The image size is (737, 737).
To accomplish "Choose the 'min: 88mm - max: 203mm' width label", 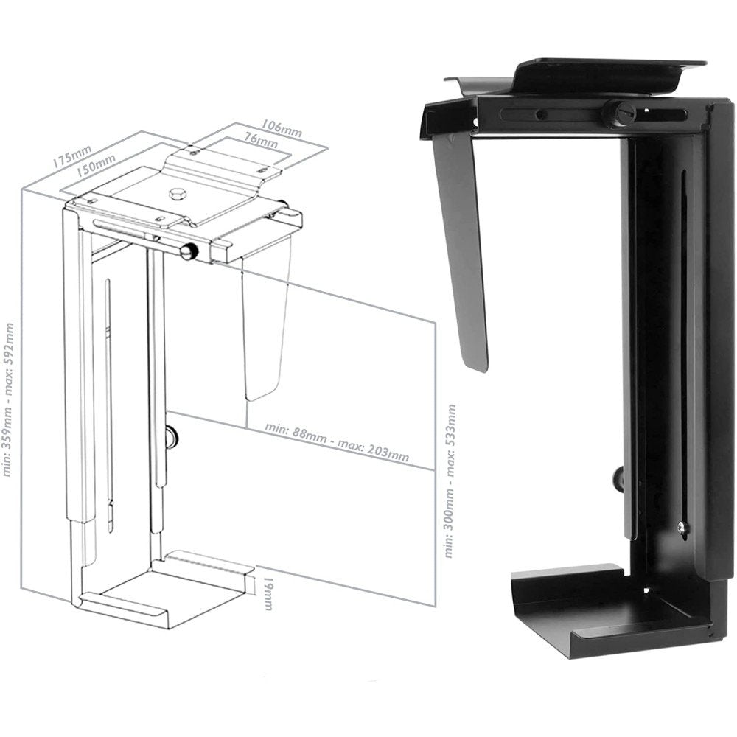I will pyautogui.click(x=338, y=441).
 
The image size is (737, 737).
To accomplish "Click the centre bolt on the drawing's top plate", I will pyautogui.click(x=176, y=195).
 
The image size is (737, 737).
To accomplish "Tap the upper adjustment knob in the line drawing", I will pyautogui.click(x=189, y=251).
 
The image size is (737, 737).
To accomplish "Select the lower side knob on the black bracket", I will pyautogui.click(x=618, y=479).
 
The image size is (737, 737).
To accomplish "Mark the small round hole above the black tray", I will pyautogui.click(x=649, y=590).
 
